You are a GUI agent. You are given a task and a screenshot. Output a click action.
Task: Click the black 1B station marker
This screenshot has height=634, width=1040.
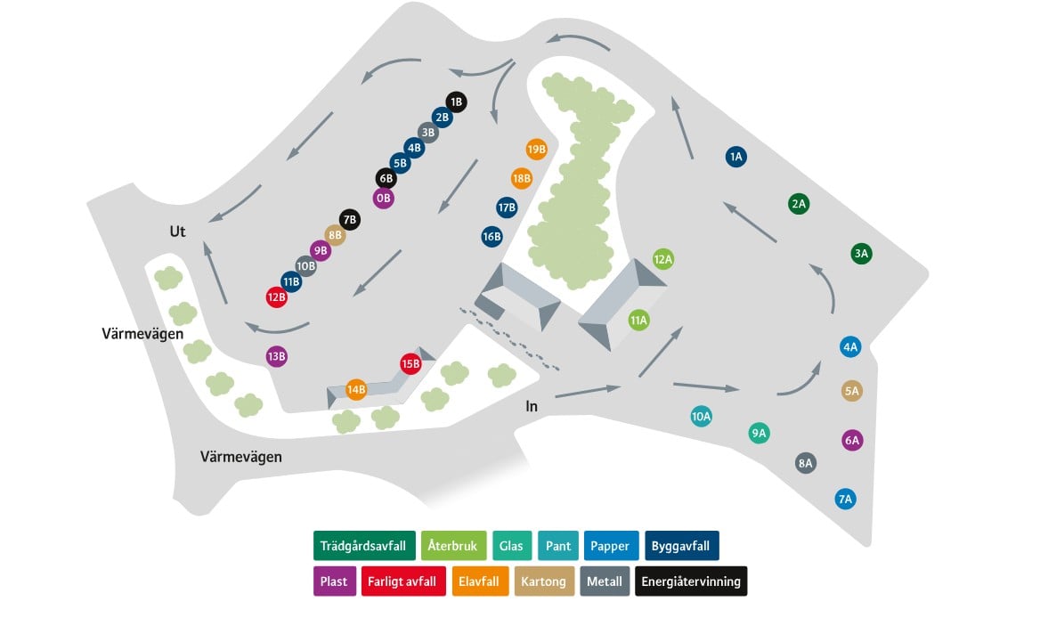tap(456, 102)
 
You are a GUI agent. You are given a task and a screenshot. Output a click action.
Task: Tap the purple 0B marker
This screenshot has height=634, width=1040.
tap(384, 199)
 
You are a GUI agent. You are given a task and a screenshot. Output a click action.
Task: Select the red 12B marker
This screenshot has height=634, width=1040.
tap(277, 297)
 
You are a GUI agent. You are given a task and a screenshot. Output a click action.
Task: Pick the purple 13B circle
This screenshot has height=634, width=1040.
tap(277, 357)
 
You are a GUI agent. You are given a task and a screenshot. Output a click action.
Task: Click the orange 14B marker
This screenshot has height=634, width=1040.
tap(356, 389)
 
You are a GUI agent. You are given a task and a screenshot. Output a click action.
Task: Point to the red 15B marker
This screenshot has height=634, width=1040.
tap(410, 363)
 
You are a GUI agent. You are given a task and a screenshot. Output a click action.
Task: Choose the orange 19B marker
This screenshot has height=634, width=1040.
tap(536, 150)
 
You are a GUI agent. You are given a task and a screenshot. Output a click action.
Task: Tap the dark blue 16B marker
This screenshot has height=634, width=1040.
tap(492, 237)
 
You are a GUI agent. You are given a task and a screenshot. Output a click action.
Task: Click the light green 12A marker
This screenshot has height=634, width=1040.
tap(662, 259)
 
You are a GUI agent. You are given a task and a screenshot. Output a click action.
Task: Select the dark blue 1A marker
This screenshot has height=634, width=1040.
tap(735, 157)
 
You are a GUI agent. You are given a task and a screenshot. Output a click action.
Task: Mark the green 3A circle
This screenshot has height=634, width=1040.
tap(861, 254)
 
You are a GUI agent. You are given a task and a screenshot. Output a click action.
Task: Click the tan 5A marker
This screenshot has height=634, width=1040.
tap(851, 391)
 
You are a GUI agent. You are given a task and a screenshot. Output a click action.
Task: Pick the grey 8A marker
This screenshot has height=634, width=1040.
tap(805, 463)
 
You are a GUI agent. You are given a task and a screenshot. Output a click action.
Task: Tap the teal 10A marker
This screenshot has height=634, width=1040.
tap(701, 417)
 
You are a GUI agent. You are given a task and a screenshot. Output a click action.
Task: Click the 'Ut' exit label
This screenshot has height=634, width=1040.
tap(178, 232)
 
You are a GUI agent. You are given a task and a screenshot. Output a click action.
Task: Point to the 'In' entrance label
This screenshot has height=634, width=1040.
tap(532, 406)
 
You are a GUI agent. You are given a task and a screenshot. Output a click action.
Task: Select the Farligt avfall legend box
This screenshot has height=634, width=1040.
tap(403, 581)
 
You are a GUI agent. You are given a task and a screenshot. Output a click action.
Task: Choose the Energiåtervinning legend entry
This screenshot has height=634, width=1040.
tap(691, 581)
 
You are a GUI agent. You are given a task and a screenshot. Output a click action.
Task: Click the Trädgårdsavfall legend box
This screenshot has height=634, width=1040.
tap(364, 546)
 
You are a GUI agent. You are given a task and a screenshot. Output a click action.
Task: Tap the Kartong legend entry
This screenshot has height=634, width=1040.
tap(544, 581)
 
